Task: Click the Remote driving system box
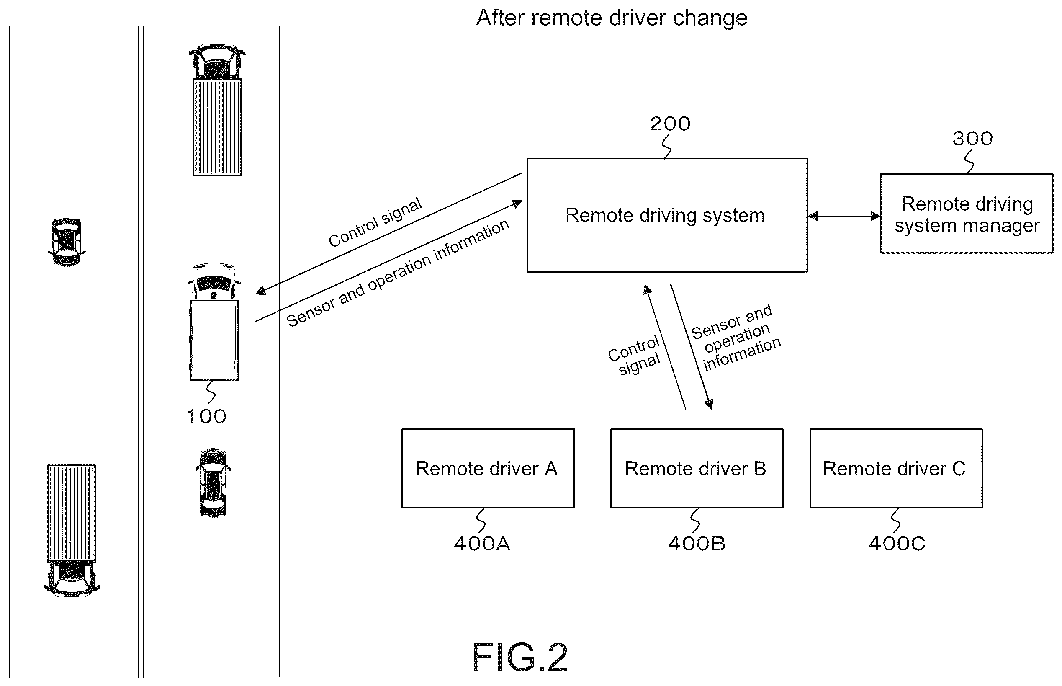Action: pos(667,215)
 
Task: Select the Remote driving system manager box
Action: pos(966,214)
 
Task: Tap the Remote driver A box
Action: pos(488,468)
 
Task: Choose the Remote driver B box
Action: pos(697,468)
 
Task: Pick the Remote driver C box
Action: pos(896,468)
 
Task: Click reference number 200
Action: pos(670,124)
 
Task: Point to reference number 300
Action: pos(972,139)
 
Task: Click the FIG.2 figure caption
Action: pos(519,657)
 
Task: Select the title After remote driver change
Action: pos(612,18)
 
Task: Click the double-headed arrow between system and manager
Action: pos(844,216)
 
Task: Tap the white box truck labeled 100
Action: pos(214,322)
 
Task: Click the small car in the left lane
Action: pos(67,242)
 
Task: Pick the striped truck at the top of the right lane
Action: pos(217,110)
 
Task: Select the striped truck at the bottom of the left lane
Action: pos(72,531)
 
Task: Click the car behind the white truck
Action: pos(213,482)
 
